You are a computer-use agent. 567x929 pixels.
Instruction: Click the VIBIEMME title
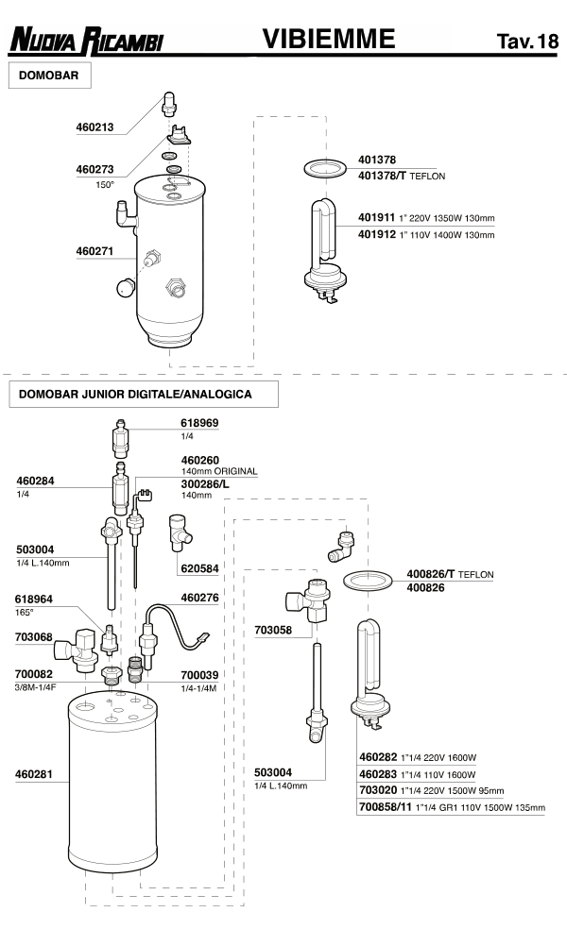[328, 38]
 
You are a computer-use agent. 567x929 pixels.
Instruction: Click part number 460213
[94, 127]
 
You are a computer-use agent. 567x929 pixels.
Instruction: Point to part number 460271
[94, 252]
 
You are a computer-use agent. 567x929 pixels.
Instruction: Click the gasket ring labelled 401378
[324, 167]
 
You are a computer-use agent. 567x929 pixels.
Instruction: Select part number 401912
[376, 234]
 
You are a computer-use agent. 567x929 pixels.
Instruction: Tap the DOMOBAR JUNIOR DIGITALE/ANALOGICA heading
[135, 394]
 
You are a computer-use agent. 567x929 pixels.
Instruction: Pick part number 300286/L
[206, 482]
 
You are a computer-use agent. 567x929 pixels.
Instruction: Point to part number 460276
[199, 598]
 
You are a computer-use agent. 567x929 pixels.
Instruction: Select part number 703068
[33, 637]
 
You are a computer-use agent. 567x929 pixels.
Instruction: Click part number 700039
[199, 675]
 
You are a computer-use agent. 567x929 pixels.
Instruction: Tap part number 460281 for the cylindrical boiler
[33, 774]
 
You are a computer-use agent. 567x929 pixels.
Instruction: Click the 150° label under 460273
[104, 185]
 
